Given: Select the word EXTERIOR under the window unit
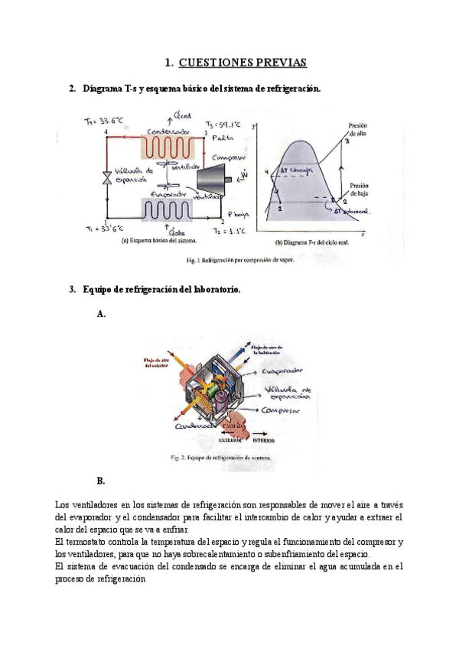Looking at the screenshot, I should [x=230, y=441].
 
